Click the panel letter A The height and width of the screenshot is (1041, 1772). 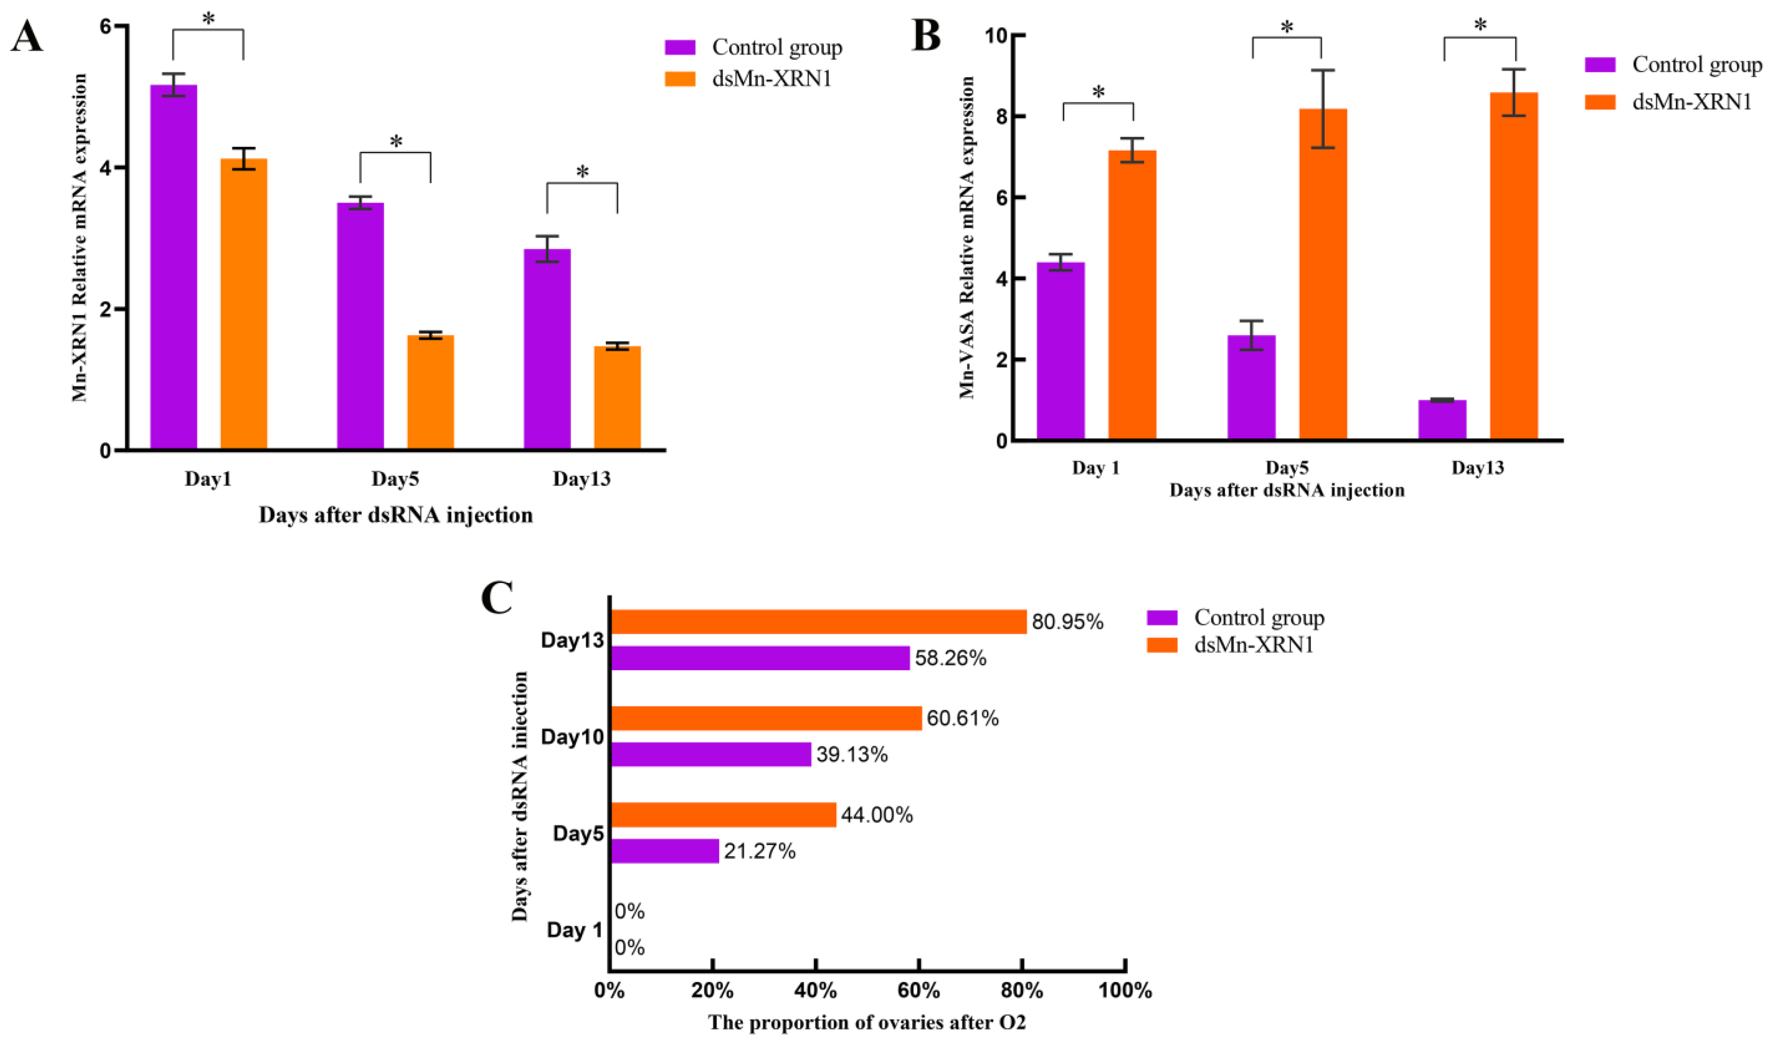click(x=27, y=37)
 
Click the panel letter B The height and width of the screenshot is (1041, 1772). click(x=926, y=37)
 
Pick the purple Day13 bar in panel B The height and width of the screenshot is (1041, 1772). click(x=1442, y=420)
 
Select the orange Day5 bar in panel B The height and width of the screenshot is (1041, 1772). click(x=1323, y=274)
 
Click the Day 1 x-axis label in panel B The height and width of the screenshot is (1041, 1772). click(x=1096, y=468)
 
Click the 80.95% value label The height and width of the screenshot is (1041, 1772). click(x=1067, y=622)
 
